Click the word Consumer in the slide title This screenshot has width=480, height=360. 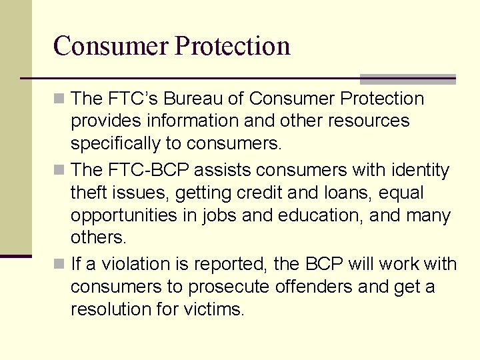tap(111, 46)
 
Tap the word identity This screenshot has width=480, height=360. tap(417, 171)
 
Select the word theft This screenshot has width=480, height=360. tap(88, 193)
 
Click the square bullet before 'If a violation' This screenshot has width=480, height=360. tap(60, 265)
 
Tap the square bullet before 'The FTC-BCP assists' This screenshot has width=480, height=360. tap(60, 171)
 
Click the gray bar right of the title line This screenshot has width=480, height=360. tap(407, 79)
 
